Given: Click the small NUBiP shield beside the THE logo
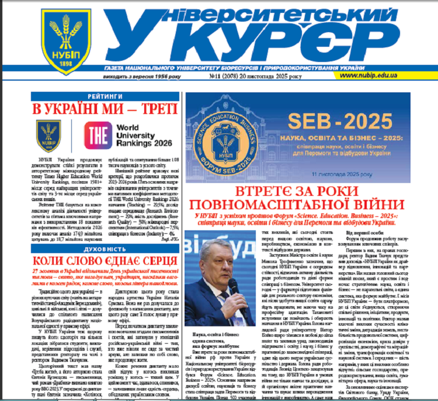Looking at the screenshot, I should coord(48,134).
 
